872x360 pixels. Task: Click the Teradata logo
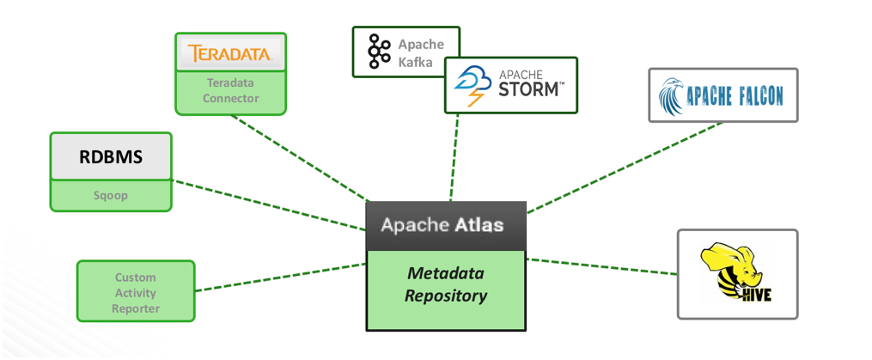229,54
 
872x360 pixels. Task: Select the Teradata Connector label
230,91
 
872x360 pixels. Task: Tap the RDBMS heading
111,158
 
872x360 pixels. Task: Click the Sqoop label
110,195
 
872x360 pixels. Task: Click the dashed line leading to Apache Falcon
625,168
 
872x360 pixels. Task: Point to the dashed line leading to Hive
601,266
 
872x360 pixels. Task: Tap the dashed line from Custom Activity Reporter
281,277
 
